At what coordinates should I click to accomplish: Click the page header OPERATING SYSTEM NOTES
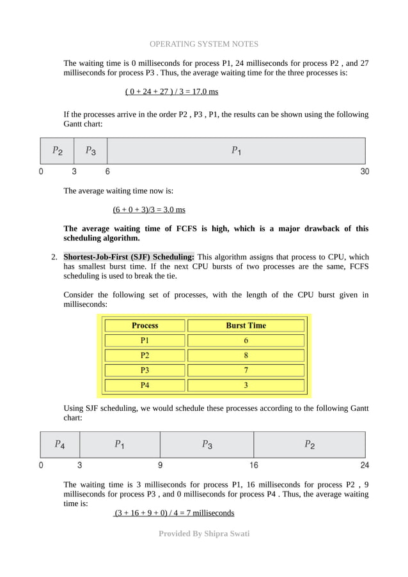pos(204,44)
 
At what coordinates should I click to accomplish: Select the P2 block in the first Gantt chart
pos(57,151)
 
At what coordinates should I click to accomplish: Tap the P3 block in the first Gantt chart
pos(90,151)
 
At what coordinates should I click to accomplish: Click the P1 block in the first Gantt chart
pos(236,151)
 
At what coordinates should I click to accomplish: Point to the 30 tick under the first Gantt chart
pos(364,171)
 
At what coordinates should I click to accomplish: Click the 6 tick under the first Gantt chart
pos(107,171)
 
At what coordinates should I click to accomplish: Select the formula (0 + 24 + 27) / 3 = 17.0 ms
pos(171,91)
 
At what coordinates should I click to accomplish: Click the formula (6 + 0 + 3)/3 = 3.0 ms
pos(149,210)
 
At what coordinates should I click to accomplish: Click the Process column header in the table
pos(145,325)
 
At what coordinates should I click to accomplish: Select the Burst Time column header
pos(246,325)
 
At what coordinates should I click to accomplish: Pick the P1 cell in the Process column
pos(145,341)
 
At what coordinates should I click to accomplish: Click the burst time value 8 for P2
pos(246,355)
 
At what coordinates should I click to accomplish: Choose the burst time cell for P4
pos(246,385)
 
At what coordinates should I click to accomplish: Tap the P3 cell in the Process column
pos(145,370)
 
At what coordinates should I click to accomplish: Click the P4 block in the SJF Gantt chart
pos(59,444)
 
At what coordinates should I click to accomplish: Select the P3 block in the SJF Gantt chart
pos(207,444)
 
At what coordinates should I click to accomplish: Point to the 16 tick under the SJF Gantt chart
pos(254,465)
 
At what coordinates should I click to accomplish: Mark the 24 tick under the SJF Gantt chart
pos(365,465)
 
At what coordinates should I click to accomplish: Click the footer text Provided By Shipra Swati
pos(204,533)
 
